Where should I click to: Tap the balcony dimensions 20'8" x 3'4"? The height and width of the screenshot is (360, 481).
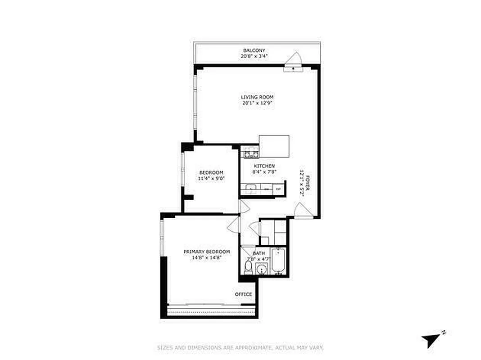(254, 57)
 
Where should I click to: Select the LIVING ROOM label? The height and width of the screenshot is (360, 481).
(257, 97)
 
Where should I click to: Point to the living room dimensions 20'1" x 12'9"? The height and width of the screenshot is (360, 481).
(257, 103)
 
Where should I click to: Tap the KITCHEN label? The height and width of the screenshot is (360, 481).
(263, 166)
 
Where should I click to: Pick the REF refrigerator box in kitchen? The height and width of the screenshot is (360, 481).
(278, 189)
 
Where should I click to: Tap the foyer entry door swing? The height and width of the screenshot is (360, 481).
(301, 210)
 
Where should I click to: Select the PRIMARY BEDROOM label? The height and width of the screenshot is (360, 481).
(207, 252)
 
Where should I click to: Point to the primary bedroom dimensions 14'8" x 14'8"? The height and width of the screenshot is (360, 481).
(207, 258)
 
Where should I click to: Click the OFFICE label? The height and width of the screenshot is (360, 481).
(243, 294)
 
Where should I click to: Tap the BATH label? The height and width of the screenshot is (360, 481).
(259, 253)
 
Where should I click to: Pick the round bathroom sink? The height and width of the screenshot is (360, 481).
(262, 269)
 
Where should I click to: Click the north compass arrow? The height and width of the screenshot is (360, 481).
(430, 340)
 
